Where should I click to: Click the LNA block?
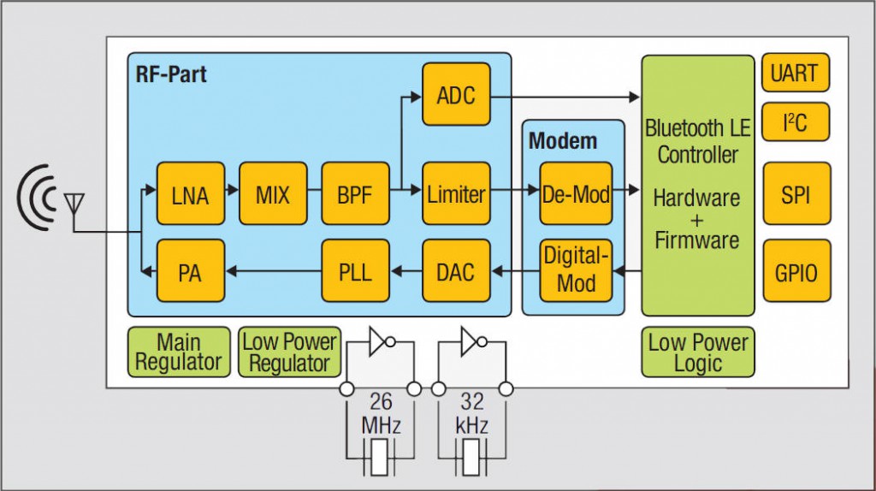click(190, 194)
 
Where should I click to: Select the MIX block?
click(273, 194)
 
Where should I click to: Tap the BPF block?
click(355, 194)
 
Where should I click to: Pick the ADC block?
click(456, 94)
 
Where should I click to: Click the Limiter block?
click(456, 194)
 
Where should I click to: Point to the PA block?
click(190, 272)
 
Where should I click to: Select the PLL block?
click(355, 272)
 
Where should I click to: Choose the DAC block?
click(456, 272)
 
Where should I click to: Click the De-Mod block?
click(576, 194)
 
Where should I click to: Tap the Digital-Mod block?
click(576, 270)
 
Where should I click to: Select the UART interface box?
click(795, 73)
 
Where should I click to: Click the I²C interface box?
click(795, 122)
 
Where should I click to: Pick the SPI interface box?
click(795, 194)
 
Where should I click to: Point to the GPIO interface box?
click(795, 271)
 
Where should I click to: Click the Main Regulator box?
click(179, 352)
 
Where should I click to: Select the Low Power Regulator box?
click(289, 352)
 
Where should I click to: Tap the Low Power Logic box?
click(698, 352)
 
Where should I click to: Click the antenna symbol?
click(74, 205)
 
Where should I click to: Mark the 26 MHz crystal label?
click(380, 412)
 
